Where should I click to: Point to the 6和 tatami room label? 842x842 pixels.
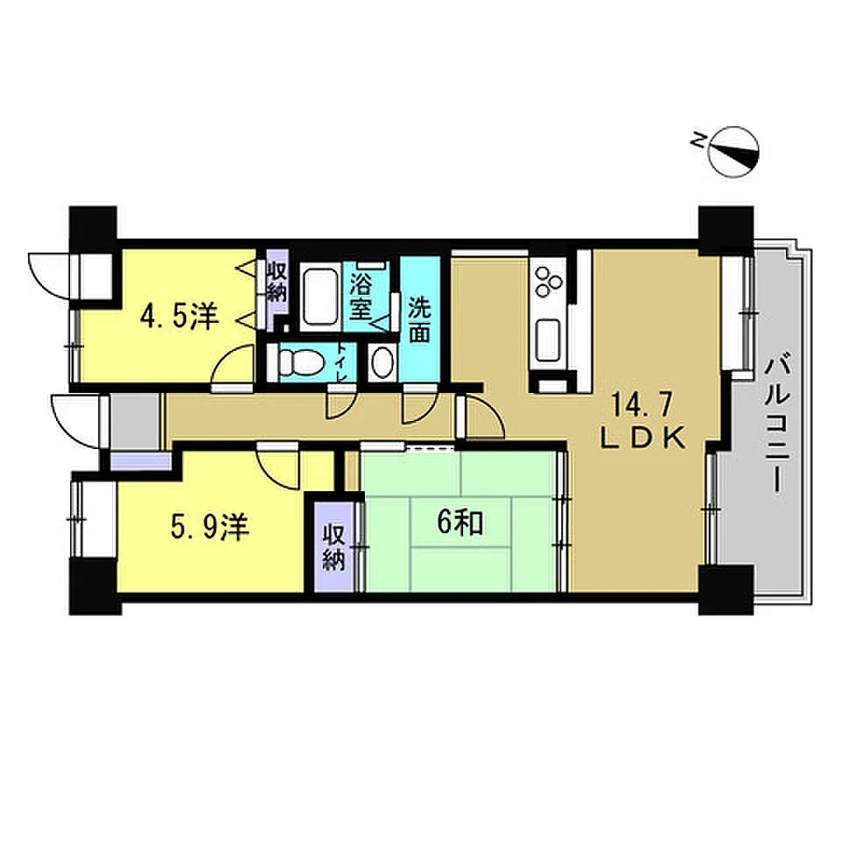pos(460,523)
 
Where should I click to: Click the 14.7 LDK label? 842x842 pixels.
pos(643,421)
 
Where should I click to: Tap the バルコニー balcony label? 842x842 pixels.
pos(777,423)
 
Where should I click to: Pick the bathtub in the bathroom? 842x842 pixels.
pos(319,296)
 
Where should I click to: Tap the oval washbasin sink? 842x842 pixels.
pos(382,362)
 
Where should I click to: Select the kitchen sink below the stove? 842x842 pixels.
pos(547,339)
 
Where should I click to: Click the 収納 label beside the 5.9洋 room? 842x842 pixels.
pos(333,547)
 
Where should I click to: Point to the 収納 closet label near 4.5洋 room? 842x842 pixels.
pos(277,282)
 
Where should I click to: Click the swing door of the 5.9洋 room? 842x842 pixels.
pos(278,466)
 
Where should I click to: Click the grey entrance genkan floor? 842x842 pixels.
pos(135,421)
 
